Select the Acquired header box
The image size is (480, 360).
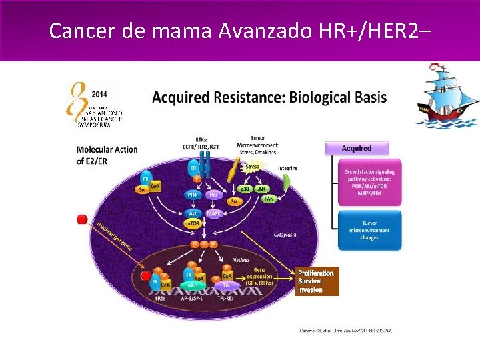coord(357,148)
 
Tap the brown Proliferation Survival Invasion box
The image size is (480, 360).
coord(317,281)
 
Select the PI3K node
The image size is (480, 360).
coord(192,194)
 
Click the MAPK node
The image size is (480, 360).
coord(214,214)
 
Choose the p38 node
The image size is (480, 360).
coord(245,190)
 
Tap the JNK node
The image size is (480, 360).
coord(263,190)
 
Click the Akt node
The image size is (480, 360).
coord(192,214)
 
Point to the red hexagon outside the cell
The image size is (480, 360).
coord(83,220)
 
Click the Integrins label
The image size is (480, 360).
coord(287,168)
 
